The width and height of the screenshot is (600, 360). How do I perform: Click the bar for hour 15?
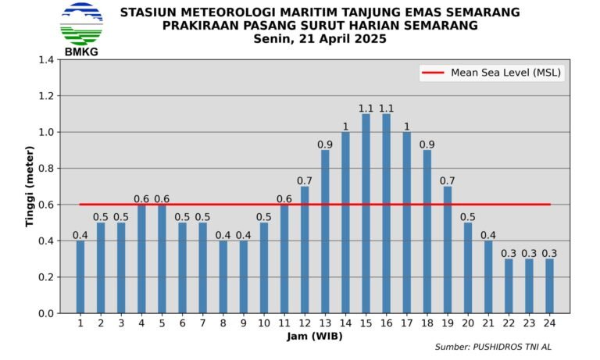[366, 213]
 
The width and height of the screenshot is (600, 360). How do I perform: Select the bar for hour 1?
[80, 276]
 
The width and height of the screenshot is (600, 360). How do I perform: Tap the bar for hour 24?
[549, 286]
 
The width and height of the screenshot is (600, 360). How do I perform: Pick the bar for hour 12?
[305, 250]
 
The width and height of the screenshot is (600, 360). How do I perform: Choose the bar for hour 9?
[244, 276]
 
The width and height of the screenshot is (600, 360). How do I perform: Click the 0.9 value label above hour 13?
[325, 144]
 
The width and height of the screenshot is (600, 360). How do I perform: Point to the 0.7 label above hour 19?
[447, 180]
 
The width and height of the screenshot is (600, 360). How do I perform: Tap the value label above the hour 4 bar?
[141, 198]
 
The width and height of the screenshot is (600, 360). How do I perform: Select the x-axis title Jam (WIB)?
[315, 337]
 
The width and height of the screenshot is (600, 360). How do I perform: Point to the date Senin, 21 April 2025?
[320, 39]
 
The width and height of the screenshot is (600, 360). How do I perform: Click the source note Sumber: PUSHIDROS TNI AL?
[498, 347]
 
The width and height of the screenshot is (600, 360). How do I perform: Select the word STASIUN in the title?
[146, 12]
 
